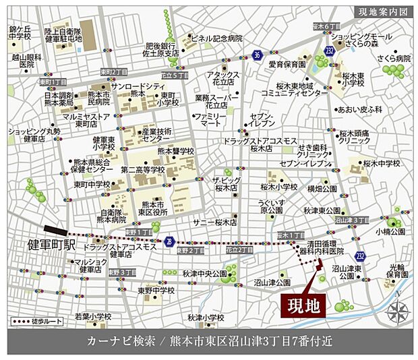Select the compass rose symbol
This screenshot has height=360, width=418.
(398, 311)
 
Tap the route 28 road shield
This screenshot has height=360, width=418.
(169, 241)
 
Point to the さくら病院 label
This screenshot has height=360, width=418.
(394, 59)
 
